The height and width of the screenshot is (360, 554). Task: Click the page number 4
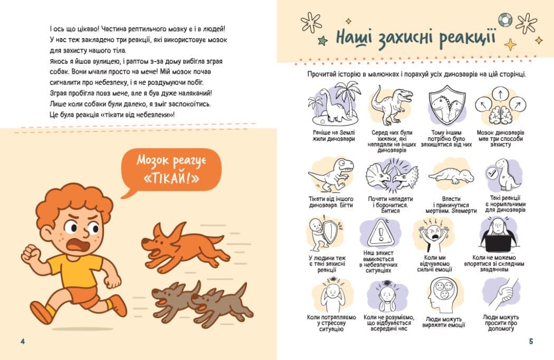[x=23, y=341]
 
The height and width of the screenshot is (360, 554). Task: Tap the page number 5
[x=531, y=341]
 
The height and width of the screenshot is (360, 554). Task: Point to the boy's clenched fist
[x=30, y=254]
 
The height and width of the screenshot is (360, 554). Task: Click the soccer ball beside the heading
[x=505, y=20]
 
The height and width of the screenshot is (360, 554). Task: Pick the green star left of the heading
[x=322, y=41]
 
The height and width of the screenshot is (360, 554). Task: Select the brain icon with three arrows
[x=500, y=107]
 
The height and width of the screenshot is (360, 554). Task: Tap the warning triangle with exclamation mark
[x=380, y=233]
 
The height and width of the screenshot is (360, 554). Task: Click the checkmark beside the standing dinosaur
[x=492, y=173]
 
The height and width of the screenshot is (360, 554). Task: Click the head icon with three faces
[x=443, y=295]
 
